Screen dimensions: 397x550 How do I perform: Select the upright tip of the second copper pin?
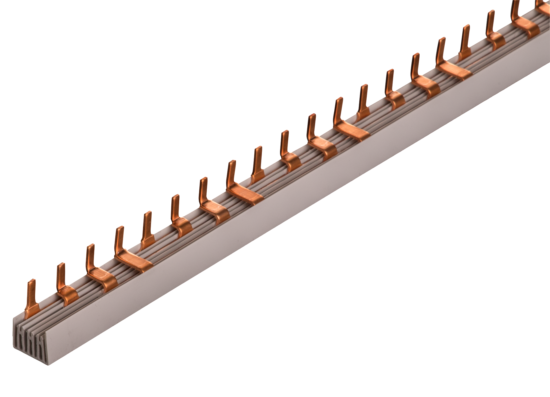point(61,273)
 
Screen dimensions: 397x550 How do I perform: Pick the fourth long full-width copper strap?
point(454,71)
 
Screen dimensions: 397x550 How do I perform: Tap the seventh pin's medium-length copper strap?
point(215,208)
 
